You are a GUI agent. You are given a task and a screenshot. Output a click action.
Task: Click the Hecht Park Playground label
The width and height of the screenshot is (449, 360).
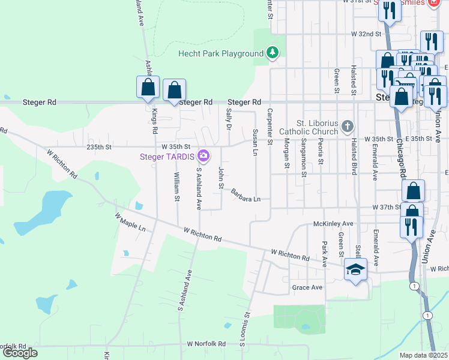[x=221, y=54]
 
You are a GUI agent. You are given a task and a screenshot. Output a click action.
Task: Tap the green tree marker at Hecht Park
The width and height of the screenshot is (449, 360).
[x=273, y=53]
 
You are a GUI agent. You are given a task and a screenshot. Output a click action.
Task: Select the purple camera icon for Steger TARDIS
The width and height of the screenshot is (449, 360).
[x=204, y=156]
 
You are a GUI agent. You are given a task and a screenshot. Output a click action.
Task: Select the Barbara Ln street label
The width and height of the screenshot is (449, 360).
[x=246, y=195]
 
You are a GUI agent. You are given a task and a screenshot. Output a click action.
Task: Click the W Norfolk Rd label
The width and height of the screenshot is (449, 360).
[x=206, y=344]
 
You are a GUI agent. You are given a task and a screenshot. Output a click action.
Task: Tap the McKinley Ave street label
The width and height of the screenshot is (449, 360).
[x=334, y=223]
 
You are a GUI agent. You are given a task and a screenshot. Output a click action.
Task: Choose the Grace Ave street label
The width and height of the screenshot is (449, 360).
[x=307, y=287]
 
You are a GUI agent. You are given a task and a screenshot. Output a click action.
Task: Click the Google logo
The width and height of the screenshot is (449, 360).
[x=19, y=353]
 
